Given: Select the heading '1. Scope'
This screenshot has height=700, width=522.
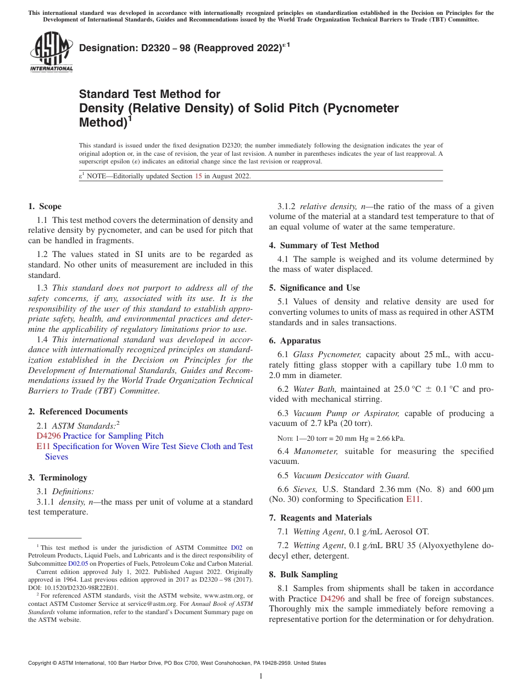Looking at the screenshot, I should click(45, 206).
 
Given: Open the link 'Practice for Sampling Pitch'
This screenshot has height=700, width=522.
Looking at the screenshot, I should click(113, 436).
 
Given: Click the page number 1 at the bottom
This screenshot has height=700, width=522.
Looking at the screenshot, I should click(261, 676).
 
